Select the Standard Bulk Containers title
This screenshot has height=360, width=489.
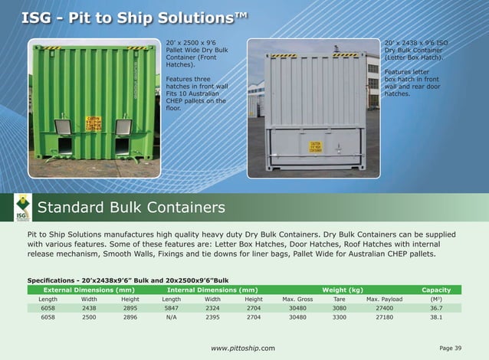coord(131,208)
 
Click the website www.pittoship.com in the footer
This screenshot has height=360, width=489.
coord(243,349)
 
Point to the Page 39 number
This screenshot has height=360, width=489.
coord(451,349)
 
